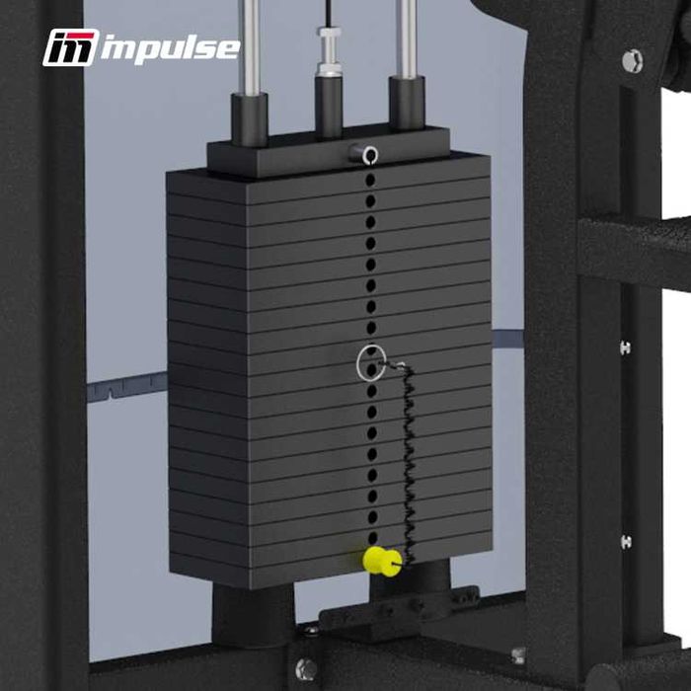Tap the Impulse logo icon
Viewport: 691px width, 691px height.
point(70,47)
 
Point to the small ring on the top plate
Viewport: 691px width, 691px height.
point(368,153)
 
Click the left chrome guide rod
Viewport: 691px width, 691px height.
point(250,44)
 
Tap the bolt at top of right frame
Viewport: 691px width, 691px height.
point(632,60)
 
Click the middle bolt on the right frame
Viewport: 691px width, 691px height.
point(625,347)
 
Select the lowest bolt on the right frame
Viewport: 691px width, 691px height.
point(625,541)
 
